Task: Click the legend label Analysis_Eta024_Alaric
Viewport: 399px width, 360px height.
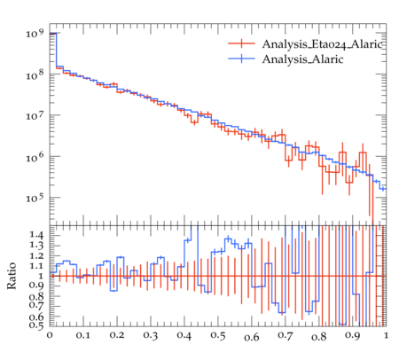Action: pos(322,44)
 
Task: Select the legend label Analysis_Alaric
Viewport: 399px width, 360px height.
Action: pos(302,59)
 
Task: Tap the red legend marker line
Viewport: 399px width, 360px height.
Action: pos(241,43)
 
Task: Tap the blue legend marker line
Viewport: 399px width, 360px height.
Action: pos(241,59)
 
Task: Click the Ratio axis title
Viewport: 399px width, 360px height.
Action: pos(12,276)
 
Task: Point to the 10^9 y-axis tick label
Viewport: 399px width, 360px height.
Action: pos(35,33)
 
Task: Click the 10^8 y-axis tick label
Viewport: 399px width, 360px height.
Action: pos(35,74)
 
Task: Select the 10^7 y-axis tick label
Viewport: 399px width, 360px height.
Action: pos(35,115)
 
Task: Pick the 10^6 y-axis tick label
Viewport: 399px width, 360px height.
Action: pos(35,157)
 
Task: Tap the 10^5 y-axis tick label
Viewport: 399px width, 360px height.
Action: pos(35,198)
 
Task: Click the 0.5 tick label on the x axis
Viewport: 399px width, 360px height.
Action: pos(218,336)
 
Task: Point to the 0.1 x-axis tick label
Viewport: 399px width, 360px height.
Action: pos(83,335)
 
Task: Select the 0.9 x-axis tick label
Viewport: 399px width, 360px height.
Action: pos(353,336)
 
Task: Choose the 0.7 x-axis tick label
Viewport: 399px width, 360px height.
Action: pos(286,336)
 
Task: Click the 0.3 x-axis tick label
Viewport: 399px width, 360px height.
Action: pos(151,336)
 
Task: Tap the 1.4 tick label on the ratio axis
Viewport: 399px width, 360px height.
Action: pos(36,235)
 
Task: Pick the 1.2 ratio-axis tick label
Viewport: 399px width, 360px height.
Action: pos(36,255)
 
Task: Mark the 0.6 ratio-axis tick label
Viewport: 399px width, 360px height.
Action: pos(36,317)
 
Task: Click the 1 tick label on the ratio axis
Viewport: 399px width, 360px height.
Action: pos(41,276)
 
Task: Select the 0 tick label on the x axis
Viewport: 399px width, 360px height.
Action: pos(50,335)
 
